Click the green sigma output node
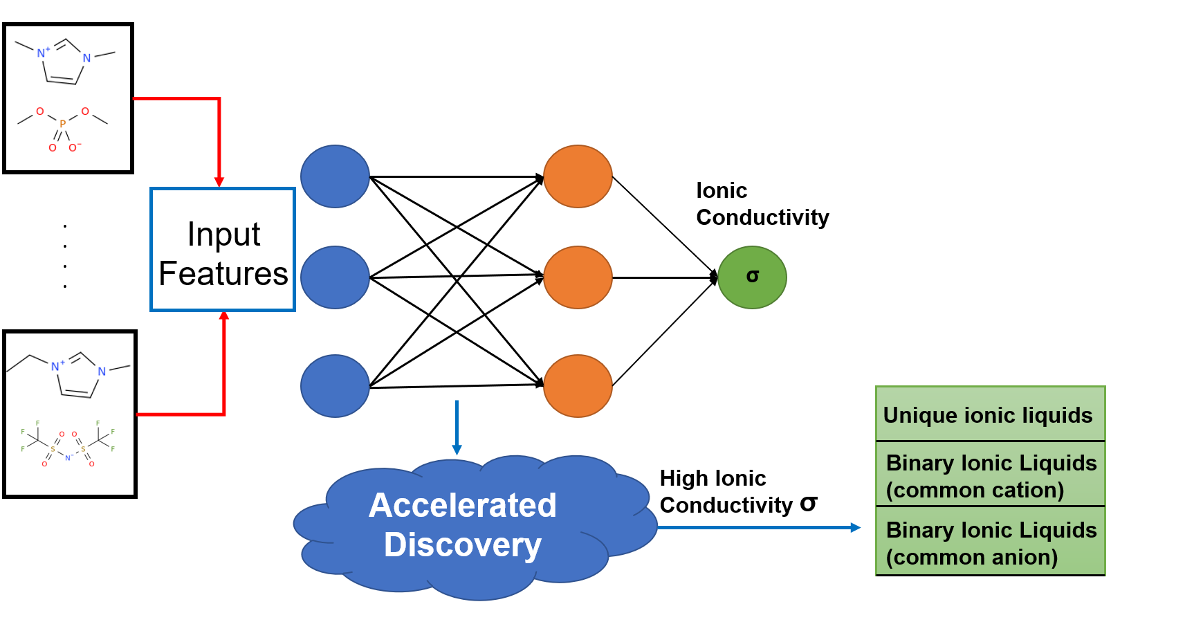[x=752, y=277]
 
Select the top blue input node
[x=335, y=176]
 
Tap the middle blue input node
[x=335, y=277]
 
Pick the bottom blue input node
[x=335, y=386]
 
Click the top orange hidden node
[x=578, y=176]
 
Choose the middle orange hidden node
[x=578, y=277]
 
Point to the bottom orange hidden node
[x=578, y=386]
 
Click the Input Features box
[x=223, y=250]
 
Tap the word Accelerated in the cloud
[x=462, y=505]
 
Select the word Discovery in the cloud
[x=462, y=545]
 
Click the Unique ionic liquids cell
[x=989, y=415]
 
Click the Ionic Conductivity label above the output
[x=761, y=204]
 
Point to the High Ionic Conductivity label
[x=737, y=492]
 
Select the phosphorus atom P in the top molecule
[x=62, y=124]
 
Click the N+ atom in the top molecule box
[x=43, y=53]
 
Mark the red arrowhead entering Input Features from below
[x=223, y=316]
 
